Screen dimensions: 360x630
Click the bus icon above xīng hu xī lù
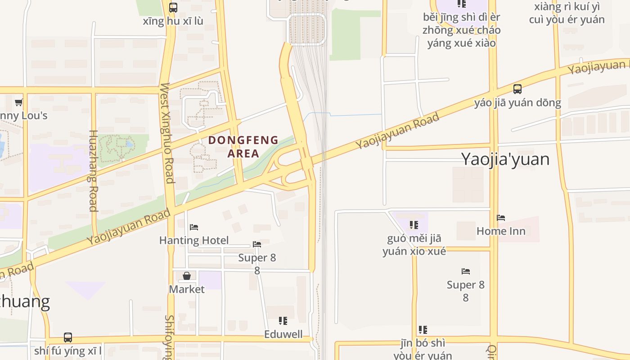coord(173,8)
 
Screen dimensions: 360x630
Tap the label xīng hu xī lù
coord(173,21)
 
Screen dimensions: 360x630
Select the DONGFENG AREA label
coord(243,147)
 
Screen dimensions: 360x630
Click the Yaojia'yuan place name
coord(505,159)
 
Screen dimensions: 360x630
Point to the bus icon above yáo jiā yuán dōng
coord(517,89)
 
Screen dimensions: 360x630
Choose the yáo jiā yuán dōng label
coord(517,103)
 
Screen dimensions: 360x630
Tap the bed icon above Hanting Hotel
coord(194,227)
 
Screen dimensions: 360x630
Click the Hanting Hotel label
coord(194,240)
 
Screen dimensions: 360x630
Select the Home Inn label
coord(501,231)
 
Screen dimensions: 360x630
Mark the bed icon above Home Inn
coord(501,218)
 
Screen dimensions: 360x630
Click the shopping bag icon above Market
coord(187,276)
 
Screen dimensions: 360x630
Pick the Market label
coord(187,289)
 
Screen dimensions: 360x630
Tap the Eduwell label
coord(283,334)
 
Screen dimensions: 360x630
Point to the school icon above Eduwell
coord(283,321)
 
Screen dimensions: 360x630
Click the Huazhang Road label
coord(93,171)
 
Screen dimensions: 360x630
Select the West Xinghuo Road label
coord(166,133)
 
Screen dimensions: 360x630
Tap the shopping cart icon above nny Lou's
coord(19,103)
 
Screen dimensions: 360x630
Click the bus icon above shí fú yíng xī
coord(68,337)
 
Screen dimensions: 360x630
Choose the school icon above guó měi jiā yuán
coord(414,225)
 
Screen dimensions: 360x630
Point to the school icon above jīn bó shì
coord(423,330)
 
